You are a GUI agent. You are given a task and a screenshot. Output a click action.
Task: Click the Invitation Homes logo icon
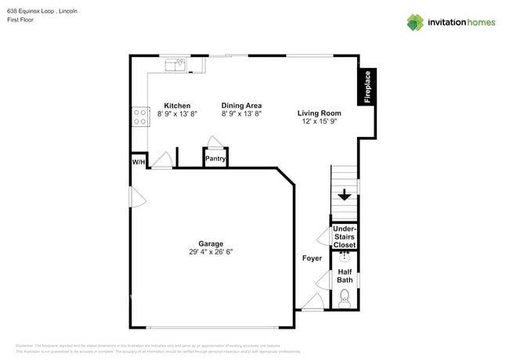coord(415,22)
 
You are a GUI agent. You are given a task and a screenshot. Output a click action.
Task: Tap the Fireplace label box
coord(366,87)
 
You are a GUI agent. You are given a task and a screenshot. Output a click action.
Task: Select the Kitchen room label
coord(177,106)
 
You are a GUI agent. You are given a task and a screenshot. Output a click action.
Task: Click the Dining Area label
coord(241,106)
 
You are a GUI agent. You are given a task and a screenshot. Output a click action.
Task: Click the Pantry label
coord(215,159)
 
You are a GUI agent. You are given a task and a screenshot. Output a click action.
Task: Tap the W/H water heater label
coord(138,162)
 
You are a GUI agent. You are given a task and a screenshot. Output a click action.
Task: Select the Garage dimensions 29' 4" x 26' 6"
coord(211,252)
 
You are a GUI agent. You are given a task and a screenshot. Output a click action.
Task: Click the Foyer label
coord(312,257)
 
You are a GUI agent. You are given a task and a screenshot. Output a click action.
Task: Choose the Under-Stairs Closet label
coord(345,237)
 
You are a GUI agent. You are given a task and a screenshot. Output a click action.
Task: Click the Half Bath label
coord(345,275)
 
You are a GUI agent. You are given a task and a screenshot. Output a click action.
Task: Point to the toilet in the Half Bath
coord(345,297)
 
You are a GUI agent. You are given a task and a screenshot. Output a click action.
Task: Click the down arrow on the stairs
coord(344,196)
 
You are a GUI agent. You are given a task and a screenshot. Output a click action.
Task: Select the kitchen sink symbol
coord(179,63)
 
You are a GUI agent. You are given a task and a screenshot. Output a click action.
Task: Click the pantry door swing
coord(215,142)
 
